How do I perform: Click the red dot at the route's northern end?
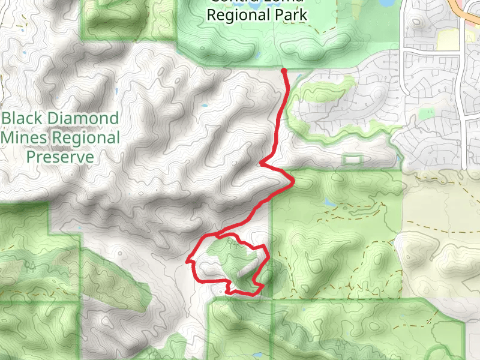[x=284, y=71]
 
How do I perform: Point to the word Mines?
[x=25, y=138]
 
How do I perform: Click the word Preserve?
[x=60, y=157]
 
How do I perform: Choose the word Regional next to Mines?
[x=86, y=138]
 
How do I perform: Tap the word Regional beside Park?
[x=236, y=15]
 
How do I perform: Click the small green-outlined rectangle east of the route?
[x=352, y=159]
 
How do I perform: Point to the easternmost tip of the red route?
[x=293, y=181]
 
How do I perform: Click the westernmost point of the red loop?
[x=188, y=262]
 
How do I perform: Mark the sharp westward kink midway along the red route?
[x=261, y=163]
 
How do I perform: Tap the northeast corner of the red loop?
[x=265, y=247]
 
